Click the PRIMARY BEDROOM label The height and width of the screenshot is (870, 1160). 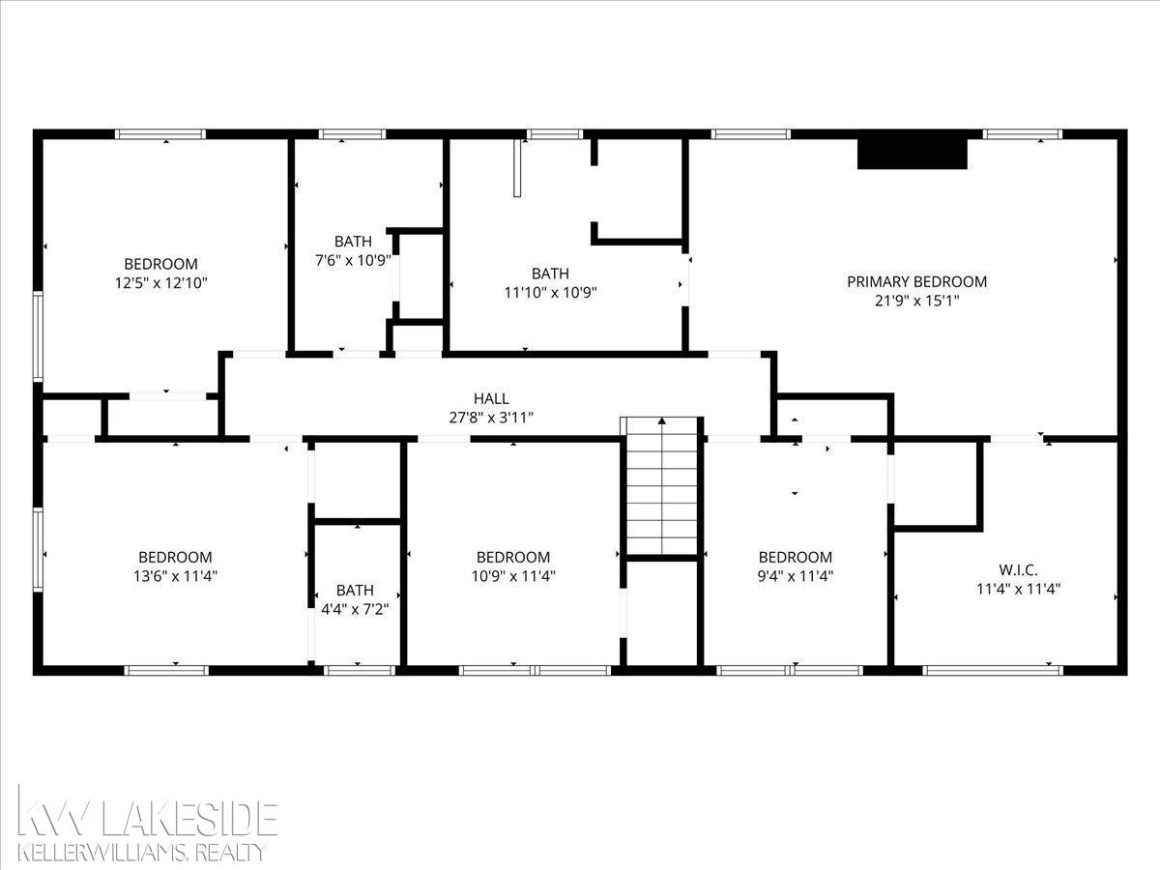(917, 281)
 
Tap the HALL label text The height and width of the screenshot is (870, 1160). (491, 398)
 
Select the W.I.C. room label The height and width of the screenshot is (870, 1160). (1018, 570)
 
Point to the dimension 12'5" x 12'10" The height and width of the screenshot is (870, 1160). (161, 282)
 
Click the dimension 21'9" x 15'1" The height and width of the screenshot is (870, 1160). (917, 301)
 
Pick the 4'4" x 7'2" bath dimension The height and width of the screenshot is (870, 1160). (355, 609)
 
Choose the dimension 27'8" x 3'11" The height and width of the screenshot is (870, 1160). (491, 418)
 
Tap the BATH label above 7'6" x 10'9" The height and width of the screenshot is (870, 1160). (353, 242)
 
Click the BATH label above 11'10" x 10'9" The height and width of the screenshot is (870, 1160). (550, 274)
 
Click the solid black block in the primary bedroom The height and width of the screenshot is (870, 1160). (913, 154)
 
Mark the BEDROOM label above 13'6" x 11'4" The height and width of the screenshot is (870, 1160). (176, 557)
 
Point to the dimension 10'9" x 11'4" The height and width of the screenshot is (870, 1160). (513, 576)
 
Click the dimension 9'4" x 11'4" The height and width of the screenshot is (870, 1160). (796, 576)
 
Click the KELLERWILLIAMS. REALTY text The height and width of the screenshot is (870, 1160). (142, 852)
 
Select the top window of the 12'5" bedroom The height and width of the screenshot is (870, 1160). (160, 134)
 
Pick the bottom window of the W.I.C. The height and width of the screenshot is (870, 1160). (993, 670)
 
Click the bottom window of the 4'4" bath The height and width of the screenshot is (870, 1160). (360, 670)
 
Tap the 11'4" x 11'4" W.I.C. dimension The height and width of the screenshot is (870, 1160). (1018, 589)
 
